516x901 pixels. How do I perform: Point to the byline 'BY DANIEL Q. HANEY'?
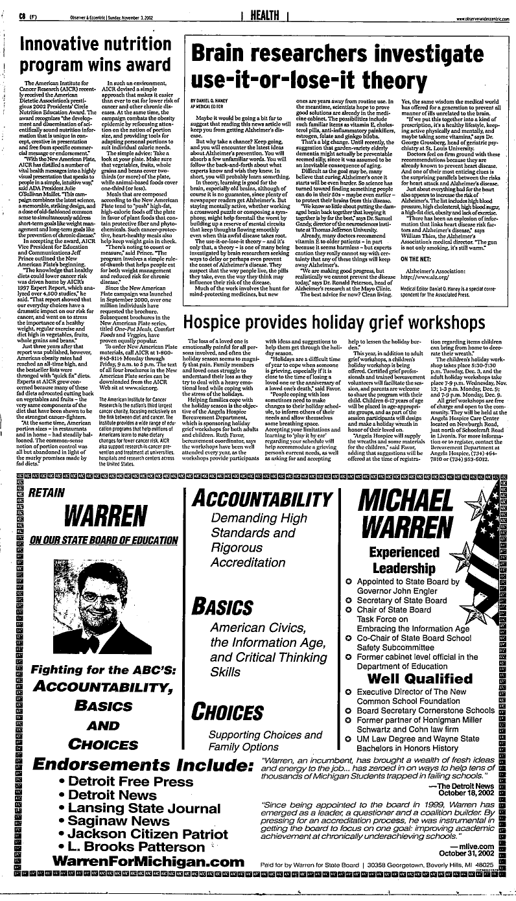[213, 101]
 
